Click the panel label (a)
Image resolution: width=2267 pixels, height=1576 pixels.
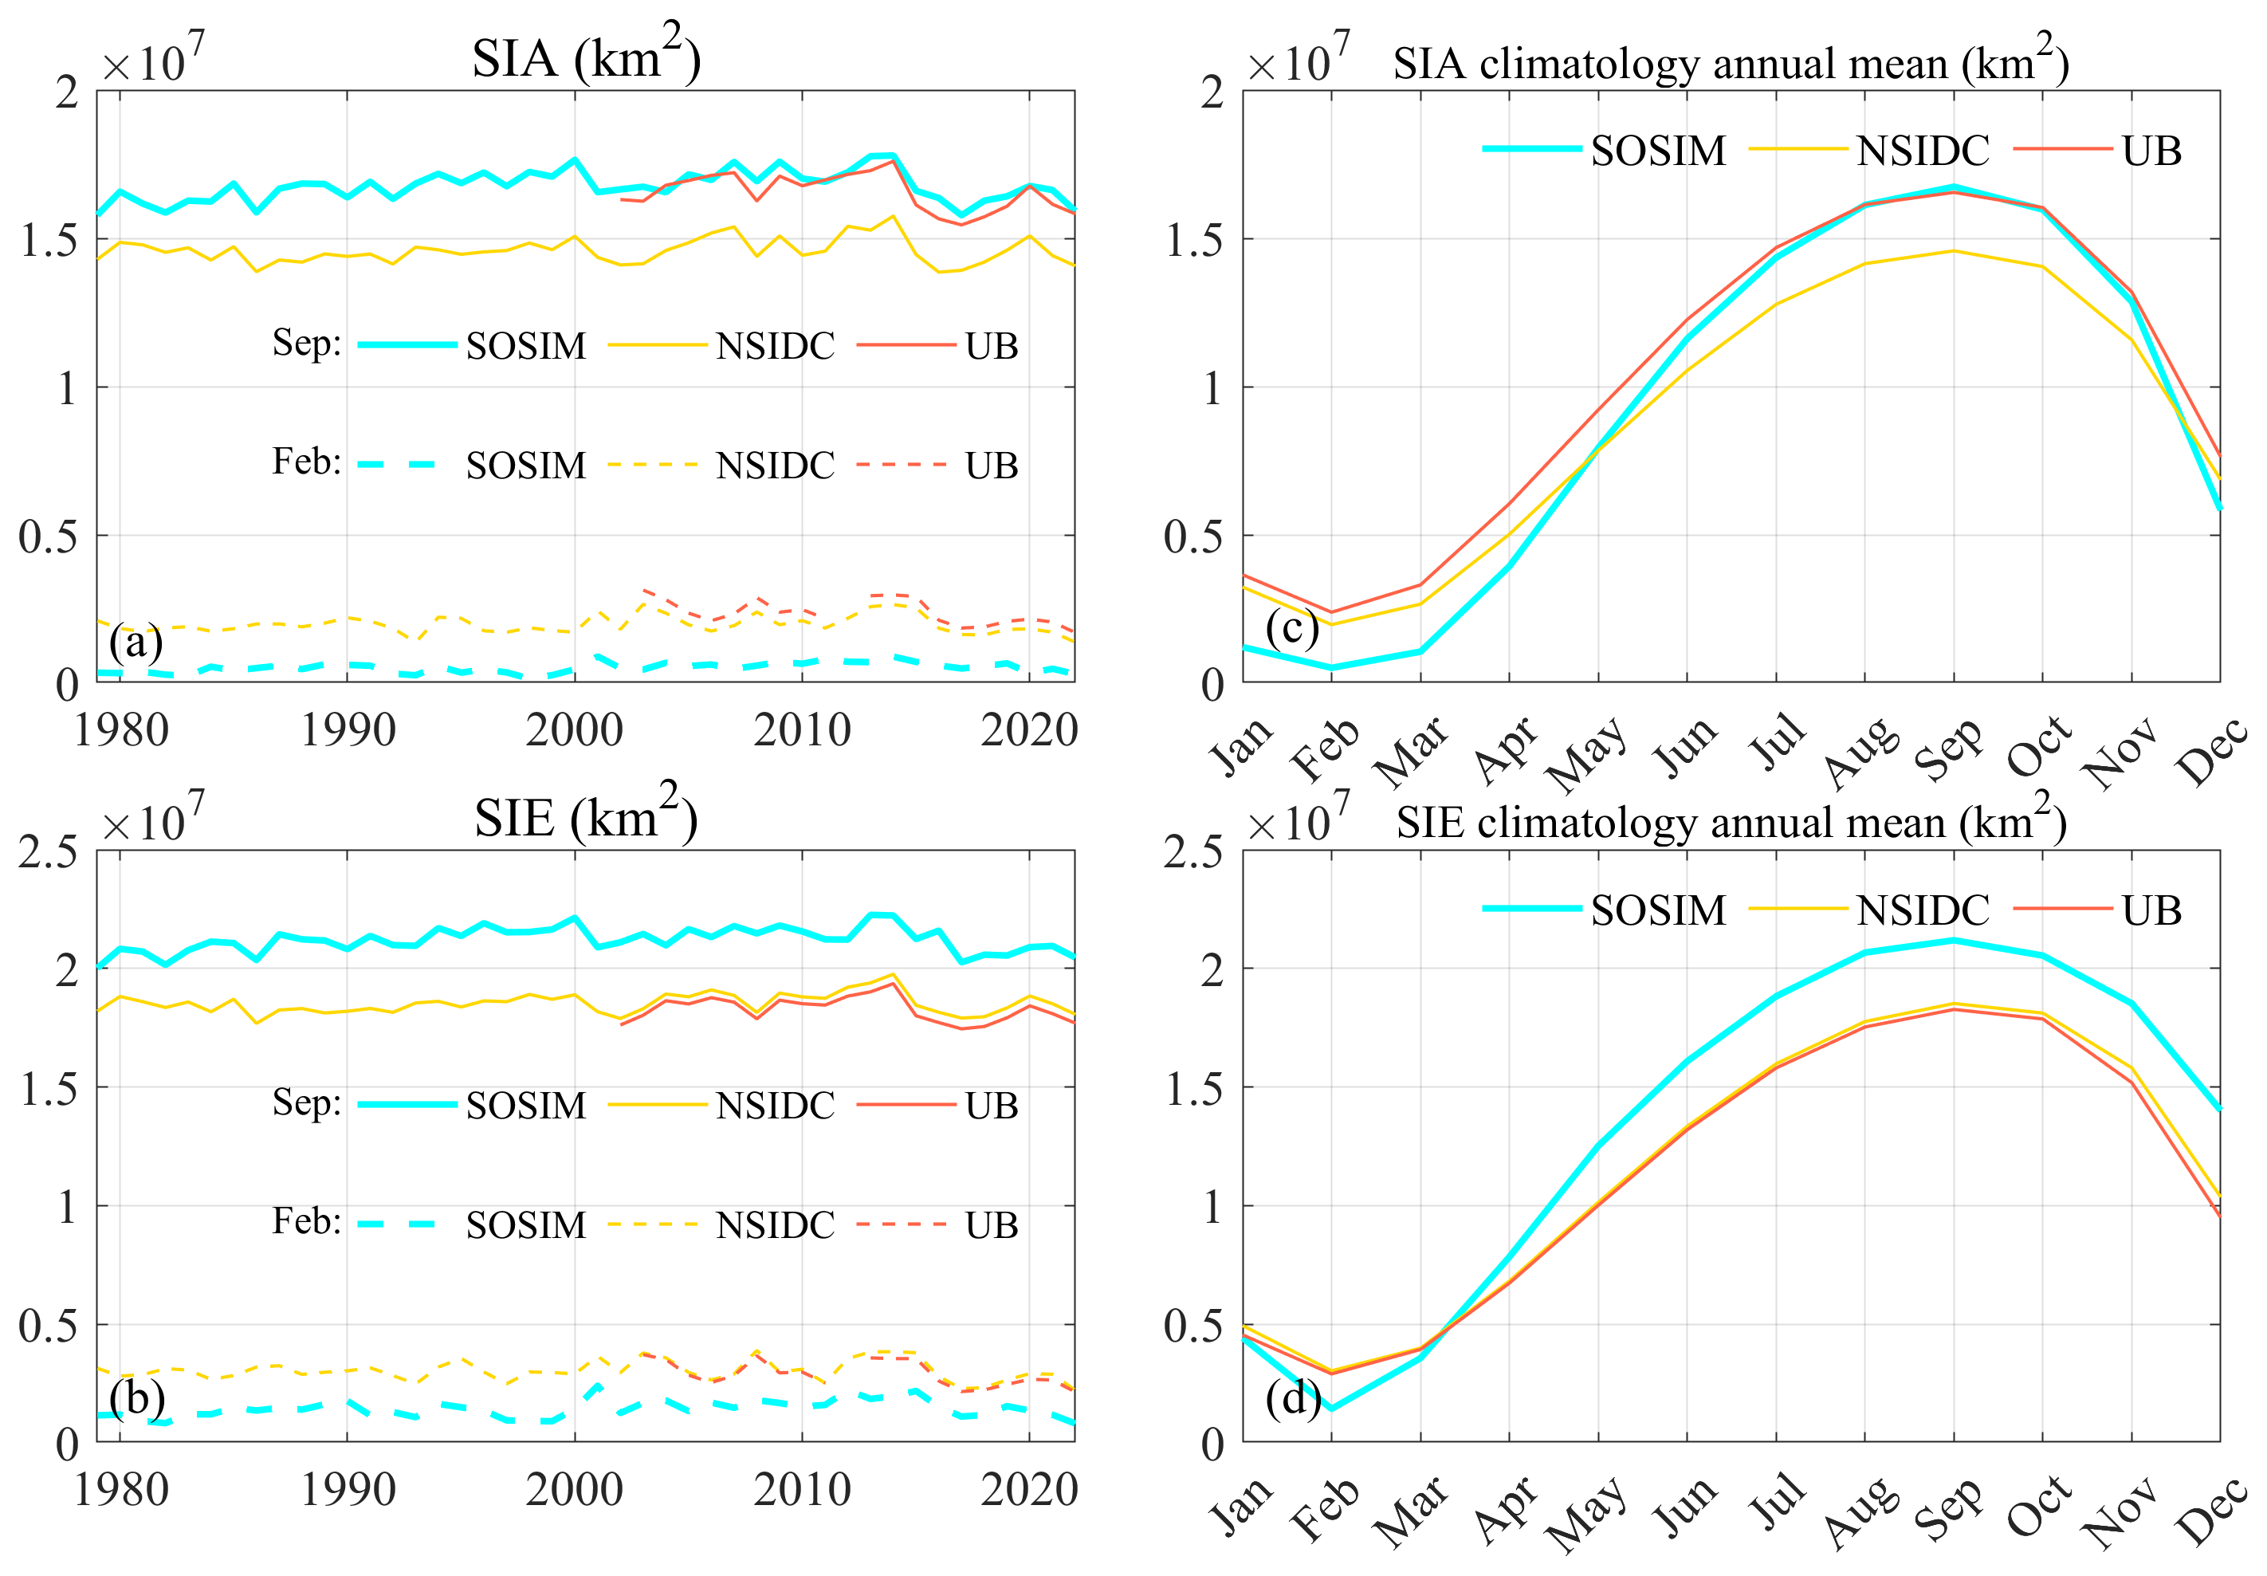(136, 643)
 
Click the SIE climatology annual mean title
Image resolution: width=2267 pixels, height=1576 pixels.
(1731, 822)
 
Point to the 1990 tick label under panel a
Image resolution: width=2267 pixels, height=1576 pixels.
(348, 731)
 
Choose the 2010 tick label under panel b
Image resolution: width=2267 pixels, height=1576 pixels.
(802, 1490)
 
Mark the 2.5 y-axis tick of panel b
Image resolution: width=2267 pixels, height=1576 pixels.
(47, 851)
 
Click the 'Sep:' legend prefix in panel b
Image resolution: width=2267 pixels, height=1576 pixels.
(306, 1103)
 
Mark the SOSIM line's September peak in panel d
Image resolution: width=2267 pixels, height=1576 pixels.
(1953, 940)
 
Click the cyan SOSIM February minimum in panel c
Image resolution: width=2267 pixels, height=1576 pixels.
(1331, 667)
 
